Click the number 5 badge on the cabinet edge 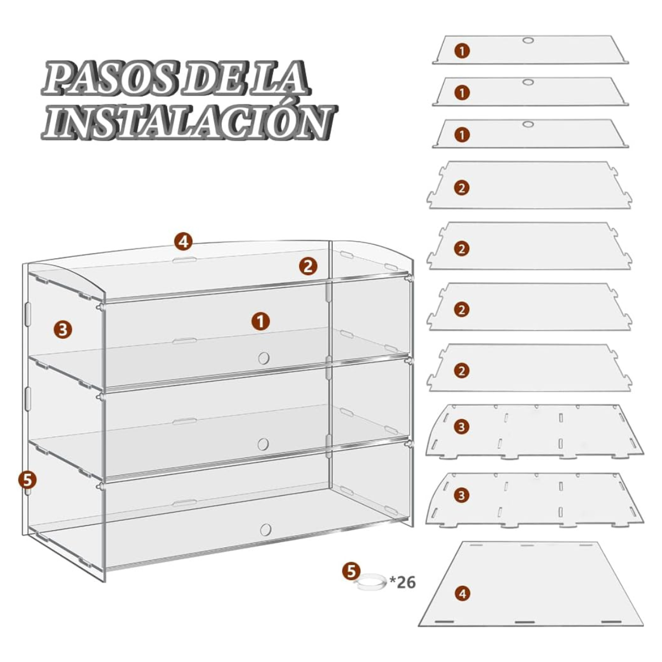click(28, 479)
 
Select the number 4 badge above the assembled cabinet click(184, 242)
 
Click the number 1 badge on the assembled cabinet click(260, 322)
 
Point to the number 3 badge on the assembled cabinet click(63, 330)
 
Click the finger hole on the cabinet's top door click(264, 358)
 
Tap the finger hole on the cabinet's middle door click(264, 444)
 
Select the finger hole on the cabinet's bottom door click(265, 529)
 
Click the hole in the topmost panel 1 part click(528, 40)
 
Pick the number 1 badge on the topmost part click(462, 51)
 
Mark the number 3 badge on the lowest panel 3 click(461, 495)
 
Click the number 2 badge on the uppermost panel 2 click(461, 188)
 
